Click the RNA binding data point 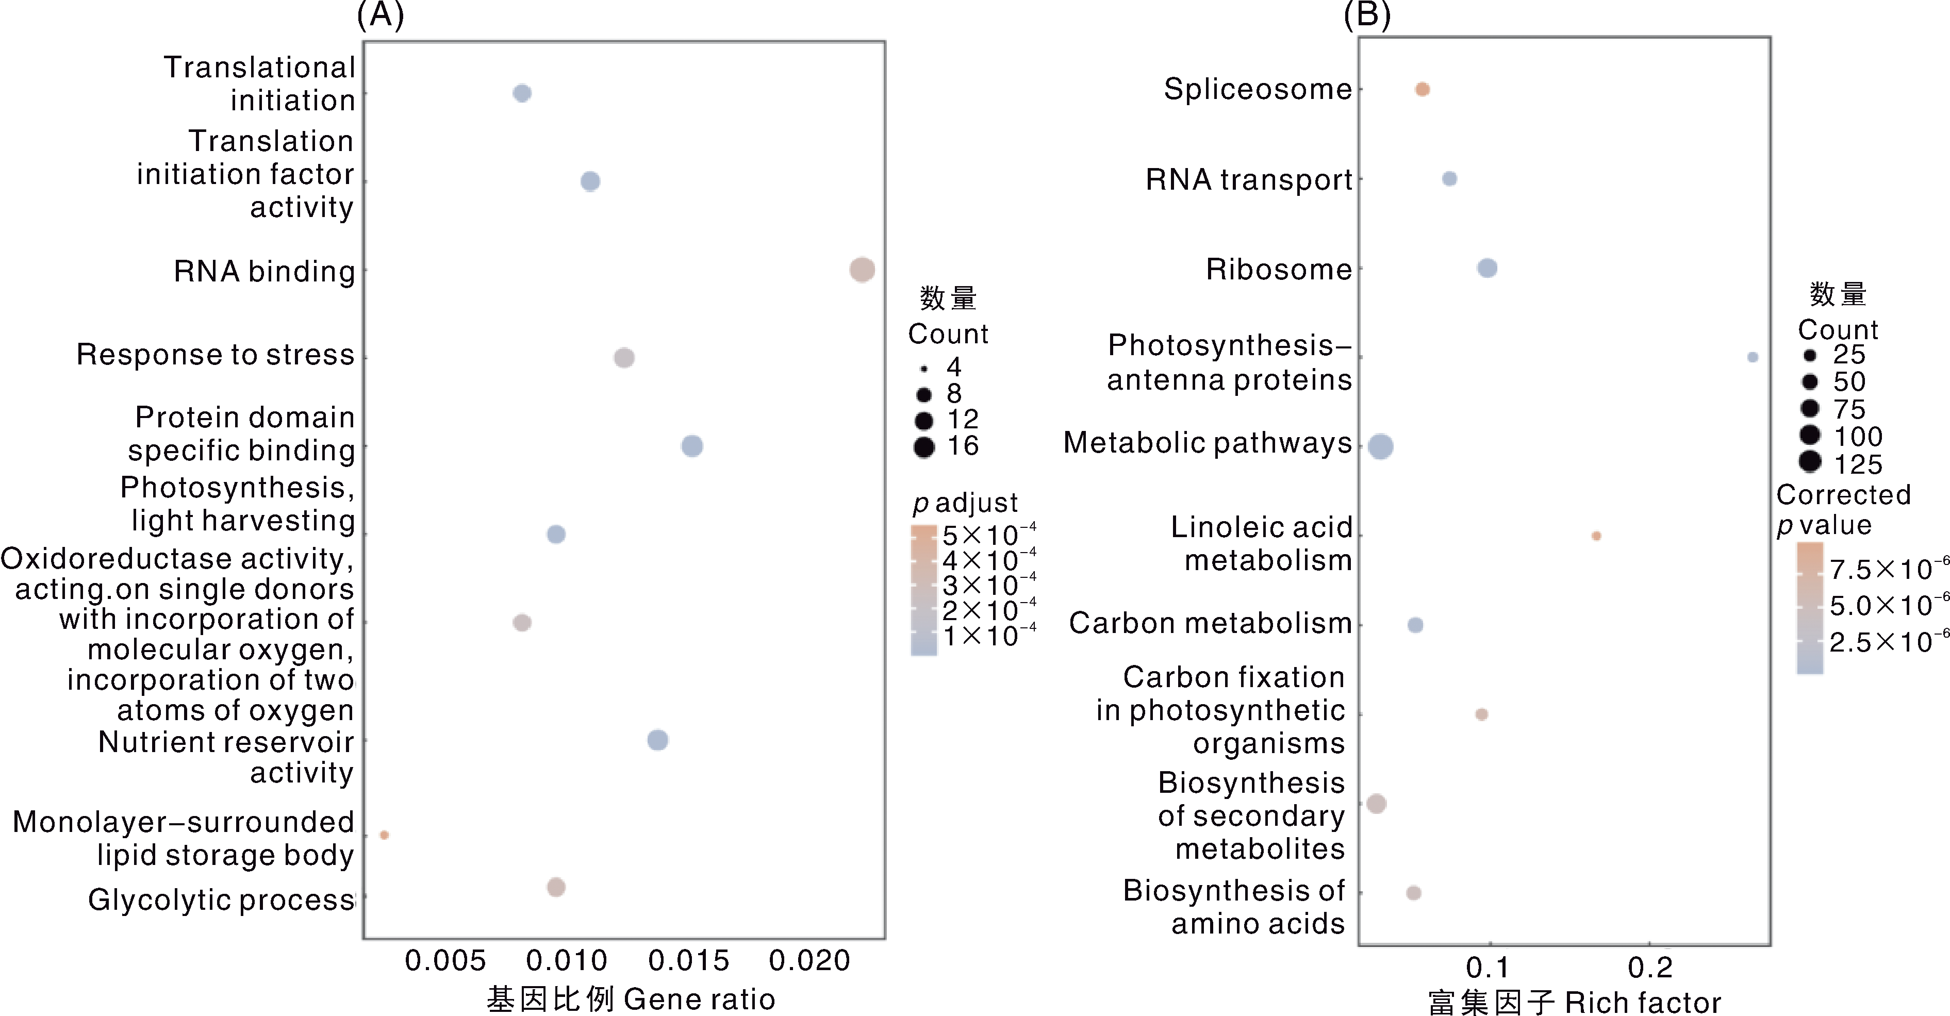pos(862,270)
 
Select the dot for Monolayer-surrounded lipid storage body pos(385,835)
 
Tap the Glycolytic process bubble pos(556,887)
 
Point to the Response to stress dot pos(624,357)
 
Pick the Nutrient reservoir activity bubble pos(658,740)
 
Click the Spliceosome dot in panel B pos(1423,89)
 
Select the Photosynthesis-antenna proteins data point pos(1753,357)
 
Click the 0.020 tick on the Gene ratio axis pos(809,961)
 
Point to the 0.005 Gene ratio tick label pos(445,961)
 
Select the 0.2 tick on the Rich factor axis pos(1650,968)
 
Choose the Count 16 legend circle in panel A pos(923,447)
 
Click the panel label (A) pos(380,15)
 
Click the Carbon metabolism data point pos(1415,625)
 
